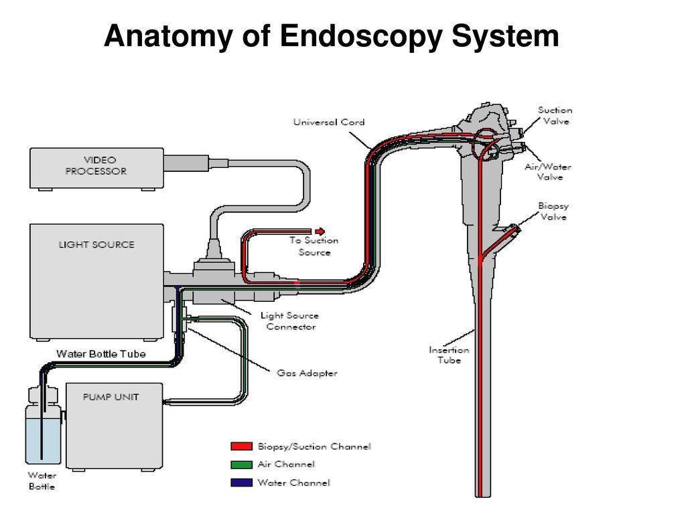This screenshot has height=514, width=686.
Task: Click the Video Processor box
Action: click(96, 168)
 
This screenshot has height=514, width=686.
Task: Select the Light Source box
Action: click(96, 282)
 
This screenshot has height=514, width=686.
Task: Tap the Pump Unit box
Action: click(114, 426)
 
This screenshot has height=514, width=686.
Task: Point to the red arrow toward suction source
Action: click(320, 231)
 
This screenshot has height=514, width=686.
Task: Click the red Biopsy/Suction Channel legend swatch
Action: click(241, 446)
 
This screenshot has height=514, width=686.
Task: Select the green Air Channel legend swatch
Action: click(241, 464)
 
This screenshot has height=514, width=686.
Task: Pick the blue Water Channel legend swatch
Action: click(241, 483)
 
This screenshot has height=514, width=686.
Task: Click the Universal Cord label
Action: click(329, 122)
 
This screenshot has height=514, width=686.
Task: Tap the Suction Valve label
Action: click(555, 115)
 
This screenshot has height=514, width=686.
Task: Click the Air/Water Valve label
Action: click(548, 171)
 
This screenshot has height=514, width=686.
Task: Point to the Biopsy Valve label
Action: click(553, 211)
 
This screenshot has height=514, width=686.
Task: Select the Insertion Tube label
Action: click(449, 355)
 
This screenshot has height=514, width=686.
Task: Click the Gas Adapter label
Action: click(307, 373)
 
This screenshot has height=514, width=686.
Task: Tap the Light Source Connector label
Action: click(289, 321)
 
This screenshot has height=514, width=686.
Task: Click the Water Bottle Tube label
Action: click(101, 353)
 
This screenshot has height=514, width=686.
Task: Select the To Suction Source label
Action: click(314, 246)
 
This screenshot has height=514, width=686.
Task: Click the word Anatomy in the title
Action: click(168, 36)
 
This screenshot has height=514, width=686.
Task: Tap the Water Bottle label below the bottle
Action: click(42, 481)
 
